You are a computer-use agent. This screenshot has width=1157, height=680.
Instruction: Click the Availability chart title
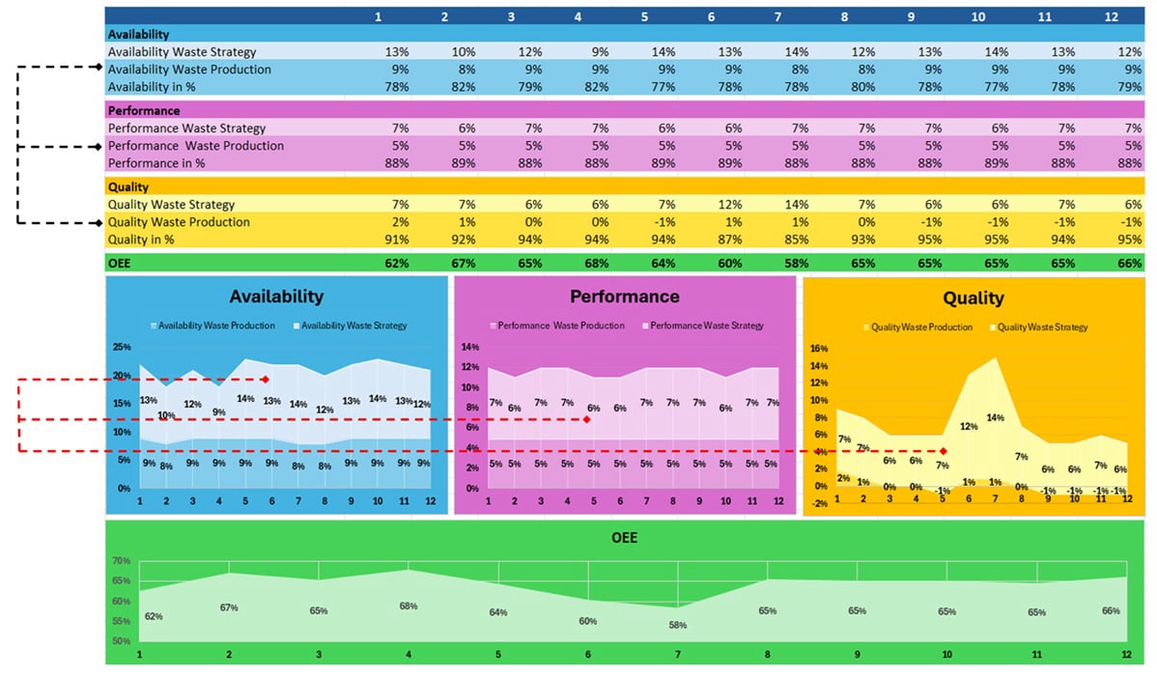pyautogui.click(x=276, y=297)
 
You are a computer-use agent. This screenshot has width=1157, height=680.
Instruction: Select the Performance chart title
pyautogui.click(x=625, y=297)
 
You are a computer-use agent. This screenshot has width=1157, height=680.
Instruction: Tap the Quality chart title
pyautogui.click(x=974, y=298)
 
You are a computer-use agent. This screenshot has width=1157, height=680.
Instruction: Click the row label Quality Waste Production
pyautogui.click(x=179, y=222)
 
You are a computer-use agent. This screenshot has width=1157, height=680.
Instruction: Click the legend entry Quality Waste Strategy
pyautogui.click(x=1042, y=327)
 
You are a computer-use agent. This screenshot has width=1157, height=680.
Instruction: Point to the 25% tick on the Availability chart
pyautogui.click(x=122, y=347)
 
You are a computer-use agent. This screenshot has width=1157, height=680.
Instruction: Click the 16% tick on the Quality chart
pyautogui.click(x=819, y=349)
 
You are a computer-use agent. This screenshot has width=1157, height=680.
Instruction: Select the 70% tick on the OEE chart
pyautogui.click(x=122, y=560)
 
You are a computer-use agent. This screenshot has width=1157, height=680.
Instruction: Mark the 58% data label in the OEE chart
pyautogui.click(x=678, y=625)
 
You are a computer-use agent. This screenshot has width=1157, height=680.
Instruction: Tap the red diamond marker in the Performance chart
pyautogui.click(x=586, y=419)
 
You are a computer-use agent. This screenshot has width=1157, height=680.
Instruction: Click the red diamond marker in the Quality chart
pyautogui.click(x=944, y=451)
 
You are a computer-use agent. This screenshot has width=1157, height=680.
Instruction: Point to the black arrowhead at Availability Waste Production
pyautogui.click(x=98, y=67)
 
